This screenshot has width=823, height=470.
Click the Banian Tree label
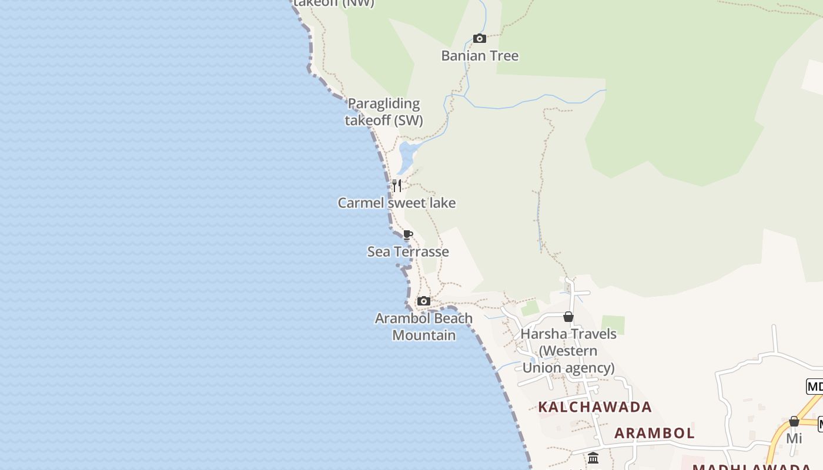click(480, 56)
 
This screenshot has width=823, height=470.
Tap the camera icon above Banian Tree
click(480, 39)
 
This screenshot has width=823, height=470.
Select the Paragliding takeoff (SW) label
click(384, 112)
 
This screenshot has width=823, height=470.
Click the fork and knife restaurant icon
click(397, 186)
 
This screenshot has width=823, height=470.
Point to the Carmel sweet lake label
click(397, 203)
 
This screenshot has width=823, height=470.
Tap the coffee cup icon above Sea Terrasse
click(408, 236)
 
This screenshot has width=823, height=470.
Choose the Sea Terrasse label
click(408, 251)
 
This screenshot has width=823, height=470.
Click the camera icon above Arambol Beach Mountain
click(423, 301)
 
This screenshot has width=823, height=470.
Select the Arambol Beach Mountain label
click(424, 327)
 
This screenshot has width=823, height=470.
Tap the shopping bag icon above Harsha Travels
click(568, 317)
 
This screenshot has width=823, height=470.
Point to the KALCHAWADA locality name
click(595, 407)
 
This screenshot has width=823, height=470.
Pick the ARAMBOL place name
click(654, 434)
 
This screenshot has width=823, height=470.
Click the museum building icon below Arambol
click(593, 458)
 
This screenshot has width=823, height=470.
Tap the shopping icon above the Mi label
click(794, 421)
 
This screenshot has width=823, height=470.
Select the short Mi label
click(794, 438)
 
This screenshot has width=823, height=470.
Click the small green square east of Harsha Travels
click(613, 325)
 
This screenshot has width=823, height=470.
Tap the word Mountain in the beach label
click(424, 335)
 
